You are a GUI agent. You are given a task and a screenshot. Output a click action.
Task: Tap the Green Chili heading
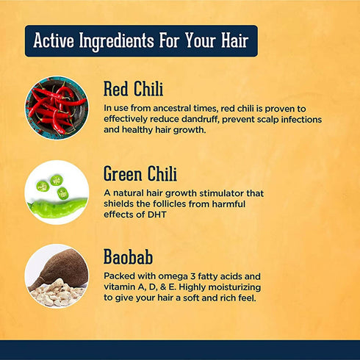point(140,175)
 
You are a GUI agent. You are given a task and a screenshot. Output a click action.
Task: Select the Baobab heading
point(129,259)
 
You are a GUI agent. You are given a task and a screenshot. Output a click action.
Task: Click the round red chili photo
point(57,108)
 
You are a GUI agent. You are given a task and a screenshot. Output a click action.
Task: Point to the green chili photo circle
point(57,192)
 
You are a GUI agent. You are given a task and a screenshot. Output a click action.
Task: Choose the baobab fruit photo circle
point(57,276)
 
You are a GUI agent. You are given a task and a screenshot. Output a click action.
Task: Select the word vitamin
point(121,288)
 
